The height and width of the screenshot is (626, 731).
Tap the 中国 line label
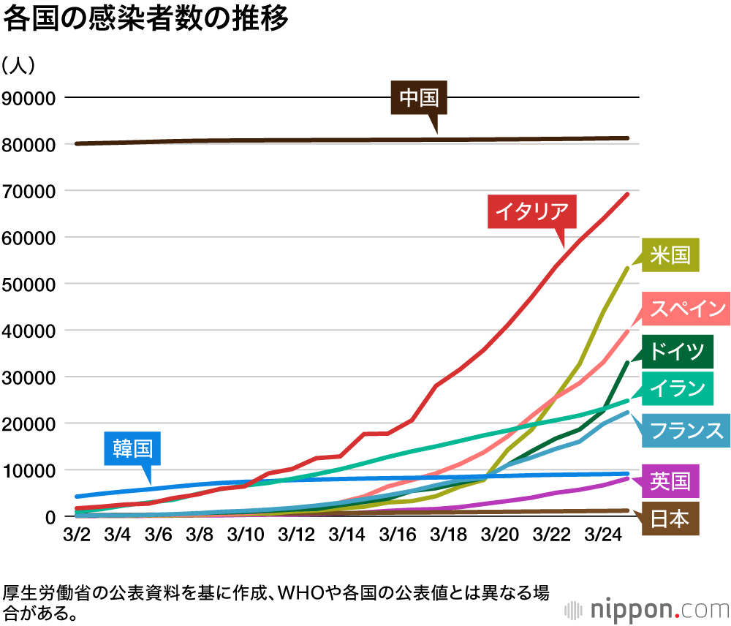(x=418, y=98)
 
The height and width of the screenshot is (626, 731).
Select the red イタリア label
(x=531, y=211)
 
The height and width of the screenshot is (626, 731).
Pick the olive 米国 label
(x=670, y=254)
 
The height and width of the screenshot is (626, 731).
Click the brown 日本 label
(x=670, y=518)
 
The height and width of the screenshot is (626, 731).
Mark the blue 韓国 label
(x=137, y=446)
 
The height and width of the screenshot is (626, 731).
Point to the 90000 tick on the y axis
(x=29, y=98)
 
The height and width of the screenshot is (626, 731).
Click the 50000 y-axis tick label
(x=29, y=284)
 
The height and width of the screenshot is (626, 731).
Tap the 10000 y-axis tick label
(x=29, y=470)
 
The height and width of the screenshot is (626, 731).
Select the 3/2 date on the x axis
(x=77, y=535)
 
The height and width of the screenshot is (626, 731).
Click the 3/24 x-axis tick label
(x=599, y=535)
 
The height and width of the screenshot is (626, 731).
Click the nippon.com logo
(x=646, y=608)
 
